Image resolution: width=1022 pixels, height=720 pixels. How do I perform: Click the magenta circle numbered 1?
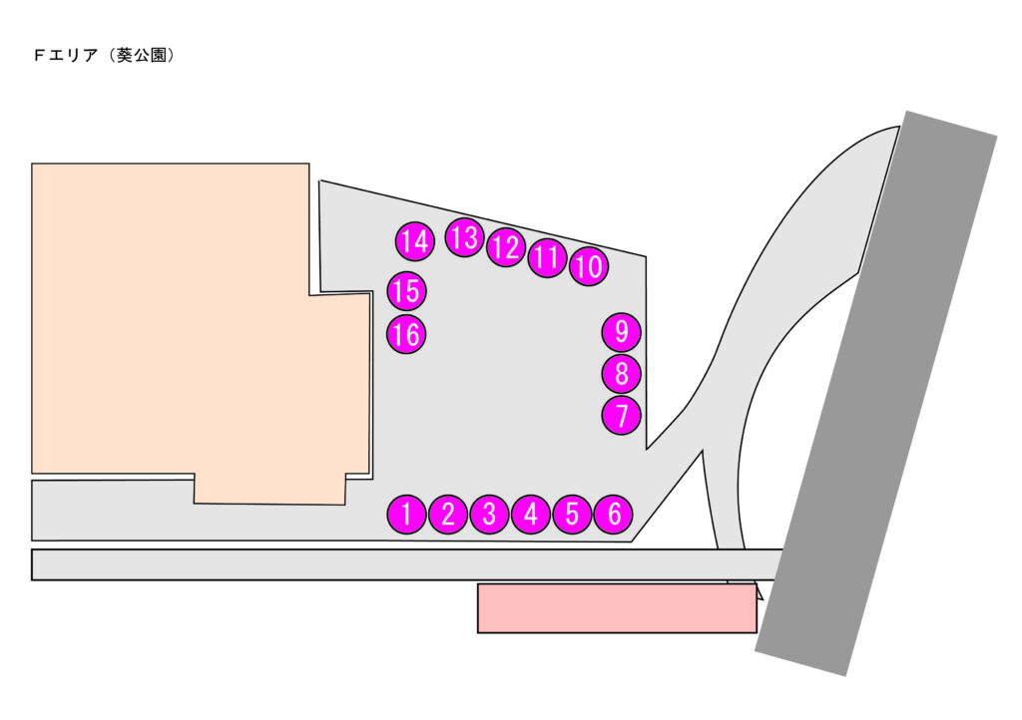[x=406, y=515]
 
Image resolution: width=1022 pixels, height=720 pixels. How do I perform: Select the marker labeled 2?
[x=448, y=515]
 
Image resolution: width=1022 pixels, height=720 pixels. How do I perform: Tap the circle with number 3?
[x=489, y=515]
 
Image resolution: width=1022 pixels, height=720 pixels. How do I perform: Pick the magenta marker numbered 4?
[x=531, y=515]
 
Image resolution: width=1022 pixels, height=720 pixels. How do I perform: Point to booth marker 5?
[x=572, y=515]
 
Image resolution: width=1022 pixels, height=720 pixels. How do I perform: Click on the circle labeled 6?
[x=614, y=515]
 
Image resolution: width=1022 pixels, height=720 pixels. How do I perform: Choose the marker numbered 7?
[x=622, y=414]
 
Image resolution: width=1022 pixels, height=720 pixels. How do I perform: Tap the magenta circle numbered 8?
[x=622, y=374]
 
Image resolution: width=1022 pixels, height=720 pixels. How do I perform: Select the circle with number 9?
[x=622, y=330]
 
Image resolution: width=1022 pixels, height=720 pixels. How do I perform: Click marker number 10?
[x=589, y=266]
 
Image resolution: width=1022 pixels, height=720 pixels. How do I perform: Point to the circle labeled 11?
[x=547, y=257]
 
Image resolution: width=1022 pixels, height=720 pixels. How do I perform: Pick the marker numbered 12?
[x=506, y=247]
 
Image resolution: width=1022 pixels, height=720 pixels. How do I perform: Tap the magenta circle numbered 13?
[x=464, y=237]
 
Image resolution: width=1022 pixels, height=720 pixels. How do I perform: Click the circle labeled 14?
[x=414, y=241]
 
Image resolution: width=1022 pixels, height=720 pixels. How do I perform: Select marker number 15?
[x=406, y=291]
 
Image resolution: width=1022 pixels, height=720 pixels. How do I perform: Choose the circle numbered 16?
[x=406, y=335]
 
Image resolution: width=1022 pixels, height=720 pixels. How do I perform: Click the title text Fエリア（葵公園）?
[x=105, y=57]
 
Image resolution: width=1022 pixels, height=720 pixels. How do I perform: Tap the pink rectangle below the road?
[x=616, y=608]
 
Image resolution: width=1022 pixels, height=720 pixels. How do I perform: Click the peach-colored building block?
[x=180, y=319]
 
